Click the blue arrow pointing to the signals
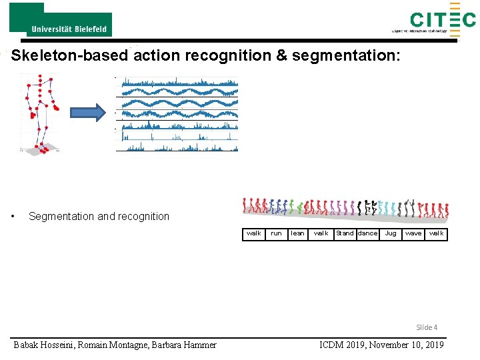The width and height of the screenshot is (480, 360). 88,113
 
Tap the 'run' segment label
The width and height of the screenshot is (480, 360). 276,233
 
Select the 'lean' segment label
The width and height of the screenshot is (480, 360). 298,233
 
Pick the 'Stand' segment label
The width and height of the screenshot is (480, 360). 345,233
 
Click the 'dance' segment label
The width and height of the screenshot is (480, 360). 367,233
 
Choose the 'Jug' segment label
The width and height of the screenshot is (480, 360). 391,233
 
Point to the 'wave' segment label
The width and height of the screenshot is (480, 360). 413,233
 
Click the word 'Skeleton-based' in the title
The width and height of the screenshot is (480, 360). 72,55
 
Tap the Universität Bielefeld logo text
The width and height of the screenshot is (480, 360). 69,29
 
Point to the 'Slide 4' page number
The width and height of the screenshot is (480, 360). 427,327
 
